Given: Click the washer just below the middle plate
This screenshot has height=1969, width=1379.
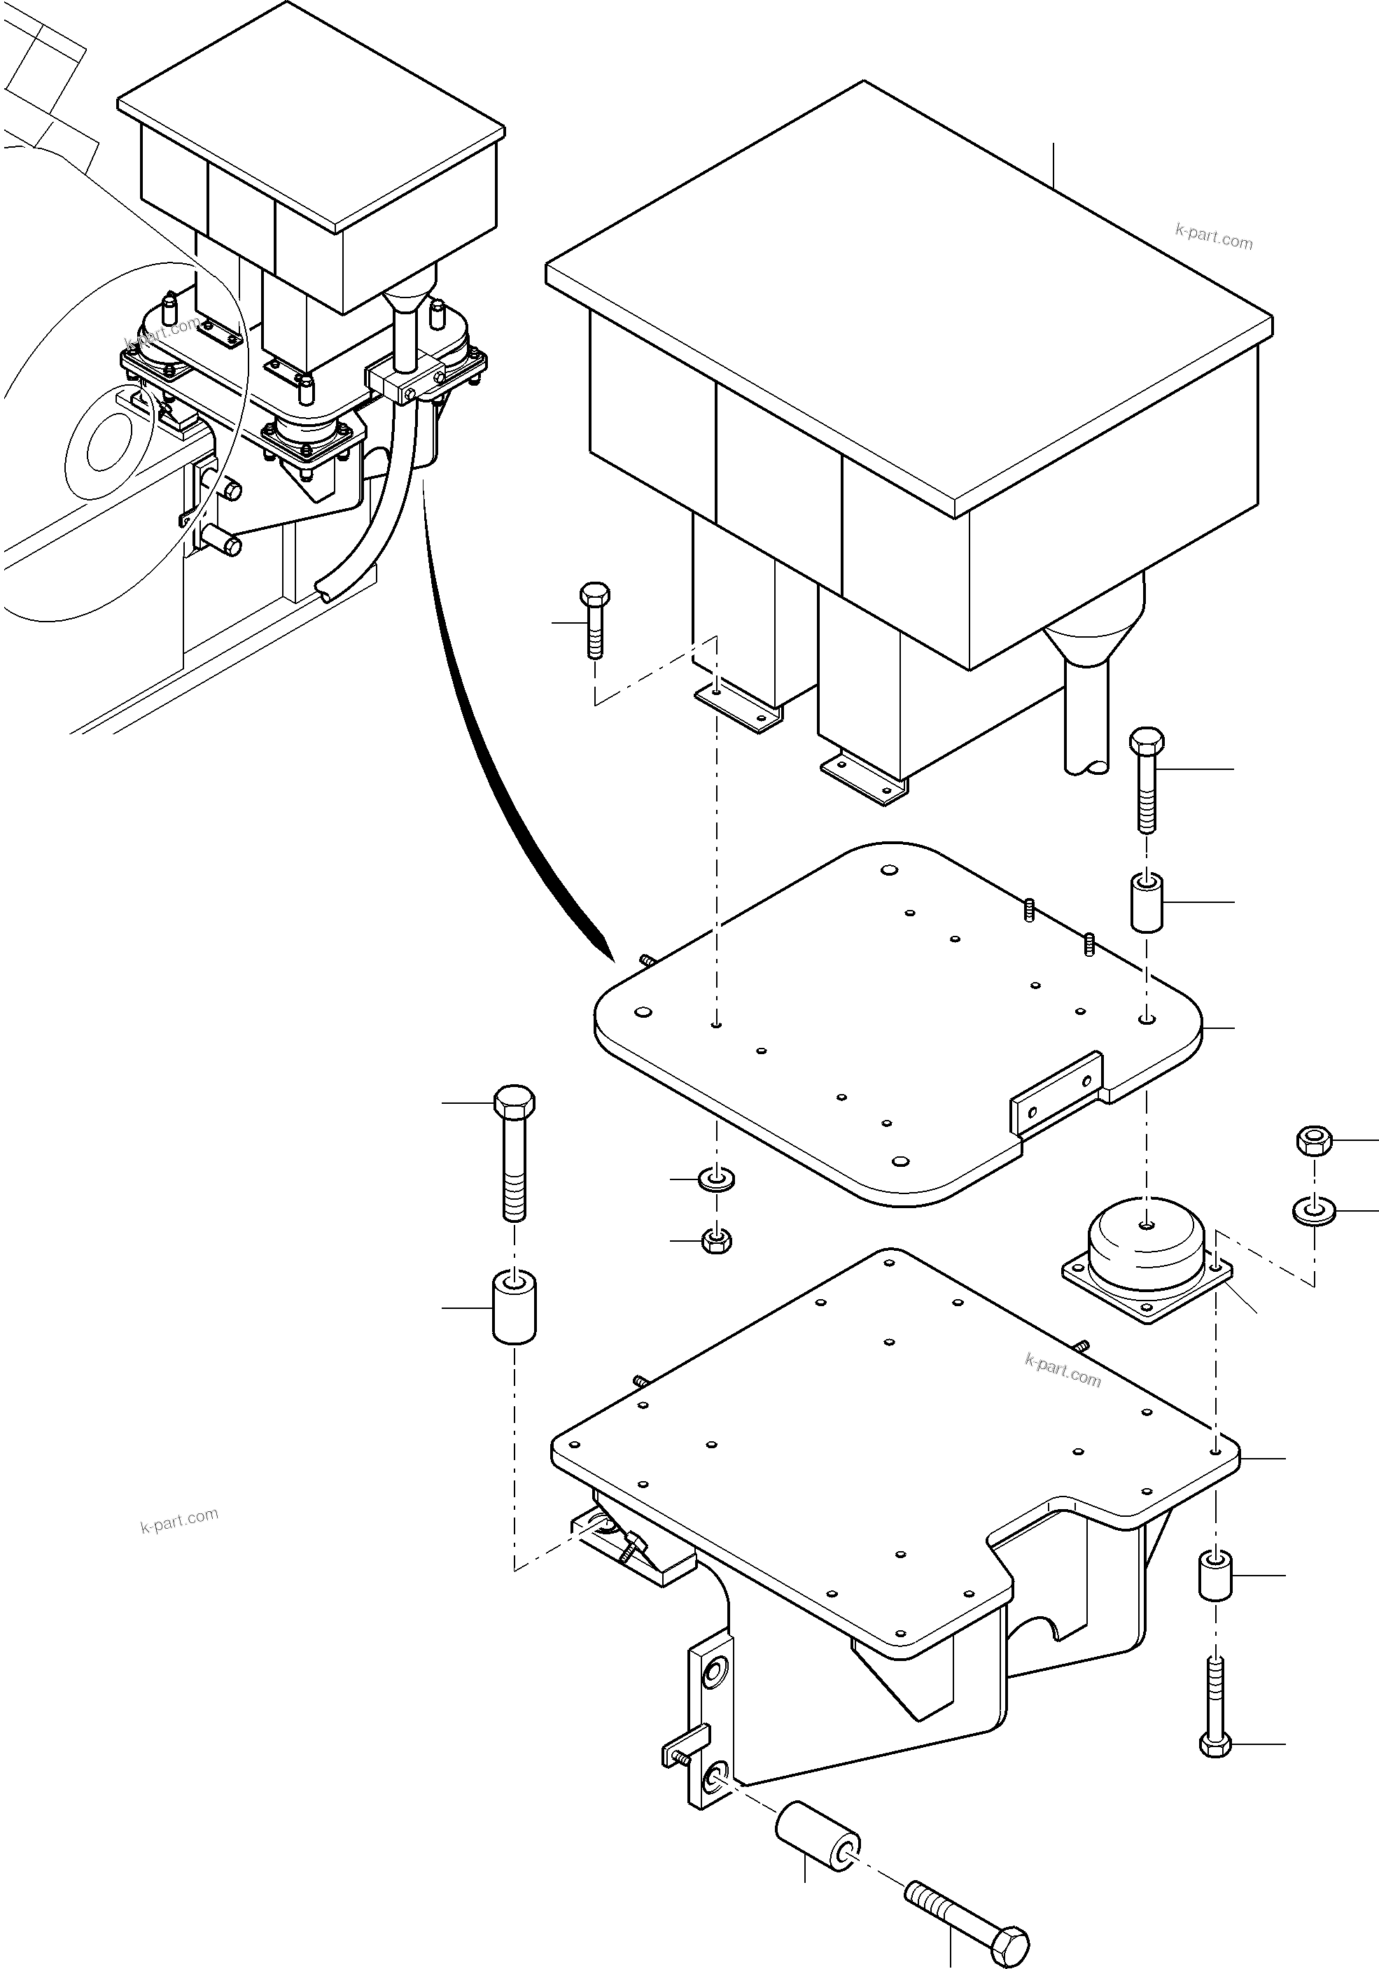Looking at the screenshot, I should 716,1179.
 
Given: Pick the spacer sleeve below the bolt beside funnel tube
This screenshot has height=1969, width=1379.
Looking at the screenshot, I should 1147,902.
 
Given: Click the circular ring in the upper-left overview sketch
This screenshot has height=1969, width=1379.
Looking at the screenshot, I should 102,442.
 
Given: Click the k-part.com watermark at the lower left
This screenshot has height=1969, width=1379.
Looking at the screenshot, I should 179,1520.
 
